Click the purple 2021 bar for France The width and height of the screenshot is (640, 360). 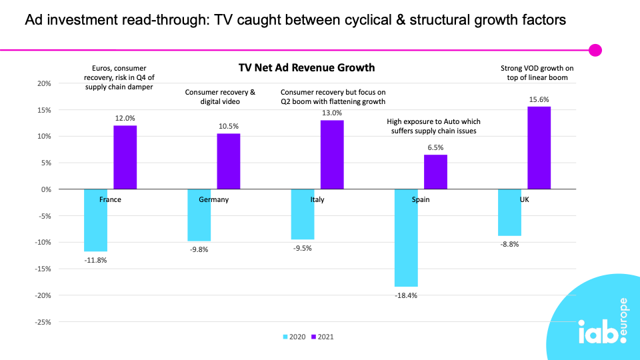pyautogui.click(x=125, y=157)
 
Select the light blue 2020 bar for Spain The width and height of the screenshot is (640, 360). pyautogui.click(x=406, y=237)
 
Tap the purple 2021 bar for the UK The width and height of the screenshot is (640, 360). pyautogui.click(x=539, y=148)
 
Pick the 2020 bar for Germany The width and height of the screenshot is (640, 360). pyautogui.click(x=199, y=215)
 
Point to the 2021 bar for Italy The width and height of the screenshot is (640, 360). pyautogui.click(x=332, y=155)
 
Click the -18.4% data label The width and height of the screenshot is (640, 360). pyautogui.click(x=406, y=295)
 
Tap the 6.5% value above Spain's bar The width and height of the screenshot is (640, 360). pyautogui.click(x=435, y=147)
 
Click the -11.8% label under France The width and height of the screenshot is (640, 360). pyautogui.click(x=95, y=260)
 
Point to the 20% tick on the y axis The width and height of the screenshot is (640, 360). pyautogui.click(x=43, y=83)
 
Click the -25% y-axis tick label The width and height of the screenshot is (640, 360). pyautogui.click(x=42, y=322)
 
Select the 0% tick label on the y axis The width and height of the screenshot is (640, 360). pyautogui.click(x=45, y=189)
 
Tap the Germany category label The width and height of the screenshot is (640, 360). pyautogui.click(x=213, y=200)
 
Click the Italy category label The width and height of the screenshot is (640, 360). pyautogui.click(x=317, y=200)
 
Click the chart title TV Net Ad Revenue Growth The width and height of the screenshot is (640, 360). pyautogui.click(x=307, y=67)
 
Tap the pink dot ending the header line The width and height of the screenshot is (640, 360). pyautogui.click(x=595, y=50)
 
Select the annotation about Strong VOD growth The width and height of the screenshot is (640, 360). pyautogui.click(x=537, y=73)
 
